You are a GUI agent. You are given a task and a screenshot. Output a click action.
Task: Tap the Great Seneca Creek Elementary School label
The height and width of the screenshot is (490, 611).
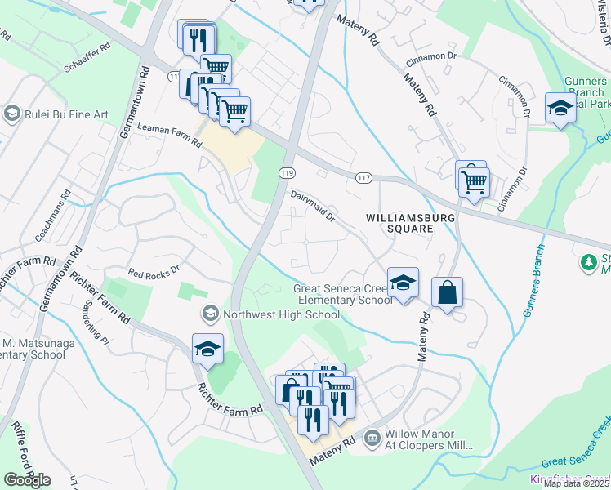coord(344,294)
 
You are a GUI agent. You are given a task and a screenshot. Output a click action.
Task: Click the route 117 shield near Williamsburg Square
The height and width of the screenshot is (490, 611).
coord(364,177)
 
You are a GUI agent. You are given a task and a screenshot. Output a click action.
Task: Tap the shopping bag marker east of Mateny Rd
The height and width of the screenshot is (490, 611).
coord(447,293)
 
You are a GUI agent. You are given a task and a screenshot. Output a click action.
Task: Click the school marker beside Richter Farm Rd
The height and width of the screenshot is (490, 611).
coord(208,349)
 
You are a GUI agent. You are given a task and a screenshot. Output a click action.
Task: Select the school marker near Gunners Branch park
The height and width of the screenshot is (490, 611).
coord(560,109)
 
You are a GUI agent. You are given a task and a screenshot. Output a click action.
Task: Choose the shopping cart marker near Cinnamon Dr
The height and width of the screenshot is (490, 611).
coord(473,181)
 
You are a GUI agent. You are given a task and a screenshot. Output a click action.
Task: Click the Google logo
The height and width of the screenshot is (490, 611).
coord(27,480)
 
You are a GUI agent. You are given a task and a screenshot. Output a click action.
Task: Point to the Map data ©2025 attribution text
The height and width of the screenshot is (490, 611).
coord(576,483)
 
